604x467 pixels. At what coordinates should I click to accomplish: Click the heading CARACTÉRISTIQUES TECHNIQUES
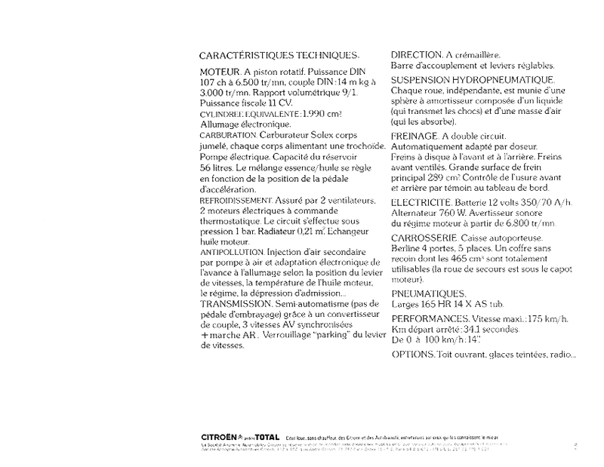coord(279,56)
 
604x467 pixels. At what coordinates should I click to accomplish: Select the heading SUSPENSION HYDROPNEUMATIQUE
coord(473,79)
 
